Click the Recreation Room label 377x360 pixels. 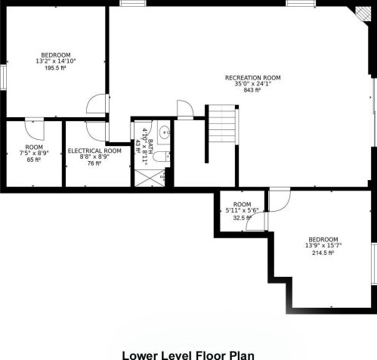coord(252,78)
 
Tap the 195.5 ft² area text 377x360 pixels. coord(55,68)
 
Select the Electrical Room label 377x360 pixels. coord(94,151)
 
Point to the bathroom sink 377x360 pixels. coord(164,132)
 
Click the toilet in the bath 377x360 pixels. coord(162,157)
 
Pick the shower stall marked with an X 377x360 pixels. coord(150,178)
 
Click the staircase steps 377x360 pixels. coord(222,124)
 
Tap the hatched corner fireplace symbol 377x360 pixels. coord(363,14)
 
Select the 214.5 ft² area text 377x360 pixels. coord(323,253)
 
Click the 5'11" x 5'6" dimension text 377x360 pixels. coord(242,210)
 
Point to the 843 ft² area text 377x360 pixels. coord(252,90)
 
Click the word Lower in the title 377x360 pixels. coord(139,355)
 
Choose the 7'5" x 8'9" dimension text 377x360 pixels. coord(34,153)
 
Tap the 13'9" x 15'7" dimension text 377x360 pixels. coord(323,245)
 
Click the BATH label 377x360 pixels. coord(150,147)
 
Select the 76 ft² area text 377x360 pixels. coord(94,163)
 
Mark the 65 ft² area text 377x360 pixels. coord(34,160)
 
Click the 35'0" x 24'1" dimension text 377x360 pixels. coord(253,84)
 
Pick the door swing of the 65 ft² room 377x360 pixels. coord(35,130)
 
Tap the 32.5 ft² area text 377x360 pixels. coord(242,218)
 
